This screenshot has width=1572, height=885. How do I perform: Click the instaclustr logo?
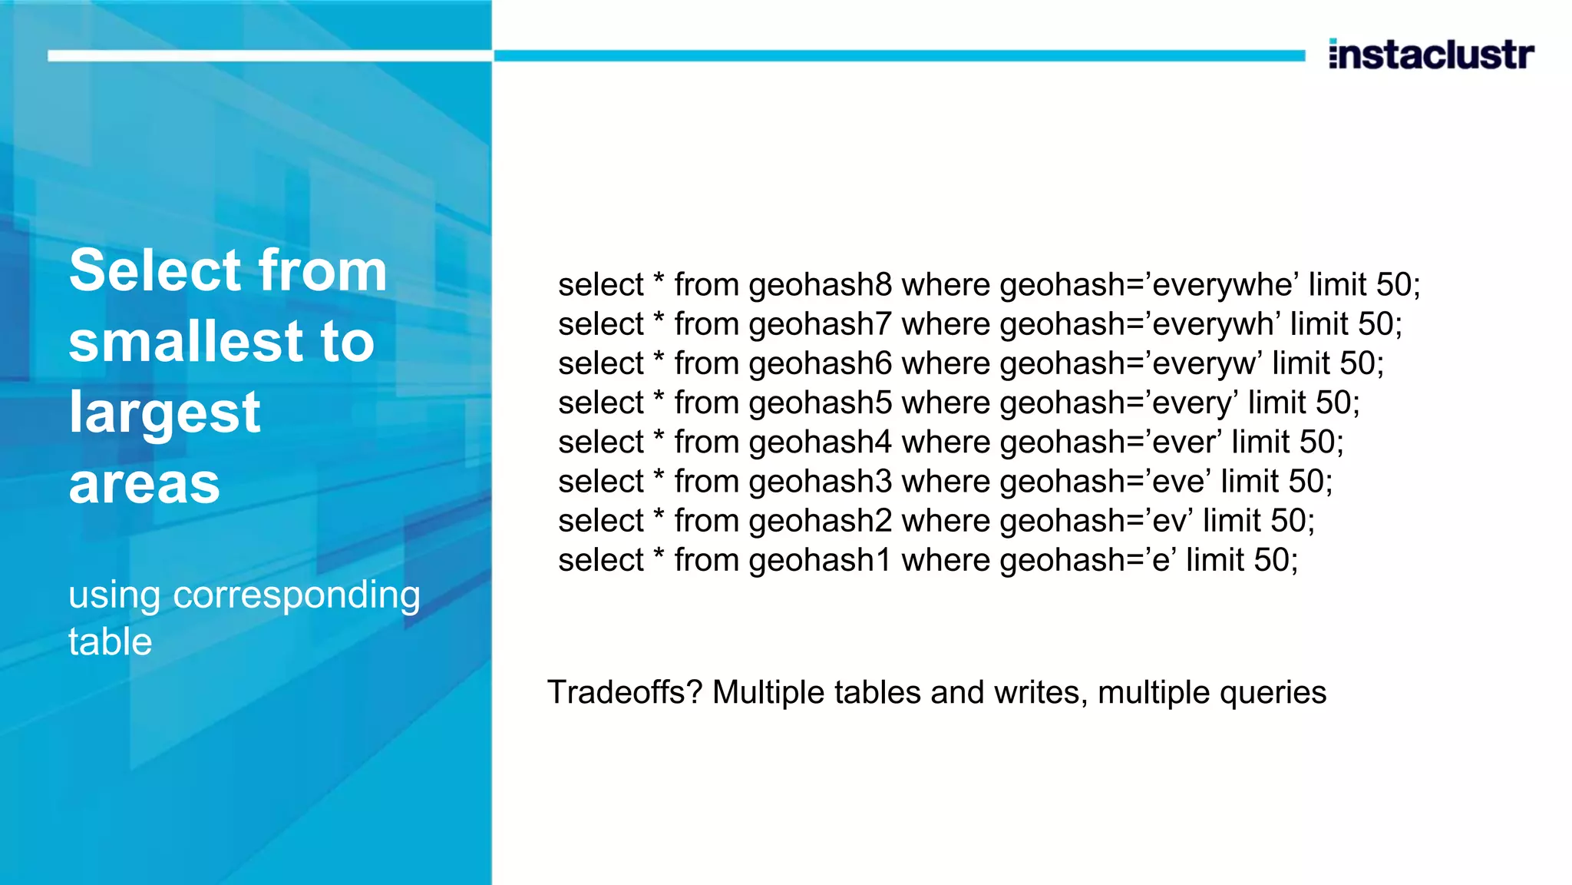coord(1431,55)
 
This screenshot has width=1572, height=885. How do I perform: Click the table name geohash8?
coord(820,285)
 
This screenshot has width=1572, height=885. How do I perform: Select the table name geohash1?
coord(820,560)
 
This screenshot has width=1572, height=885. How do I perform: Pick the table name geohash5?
coord(820,403)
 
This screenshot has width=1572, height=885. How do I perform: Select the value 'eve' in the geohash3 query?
coord(1180,482)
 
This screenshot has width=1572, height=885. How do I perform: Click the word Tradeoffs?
coord(625,692)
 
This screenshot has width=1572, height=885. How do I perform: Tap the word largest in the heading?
coord(165,413)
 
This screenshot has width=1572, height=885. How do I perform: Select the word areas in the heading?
coord(144,484)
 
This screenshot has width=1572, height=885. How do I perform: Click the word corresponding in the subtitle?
coord(296,595)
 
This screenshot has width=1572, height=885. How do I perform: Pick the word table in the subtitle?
coord(111,641)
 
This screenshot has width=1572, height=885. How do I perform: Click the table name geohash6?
coord(820,363)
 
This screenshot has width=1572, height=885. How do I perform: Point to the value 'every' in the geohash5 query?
coord(1194,403)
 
